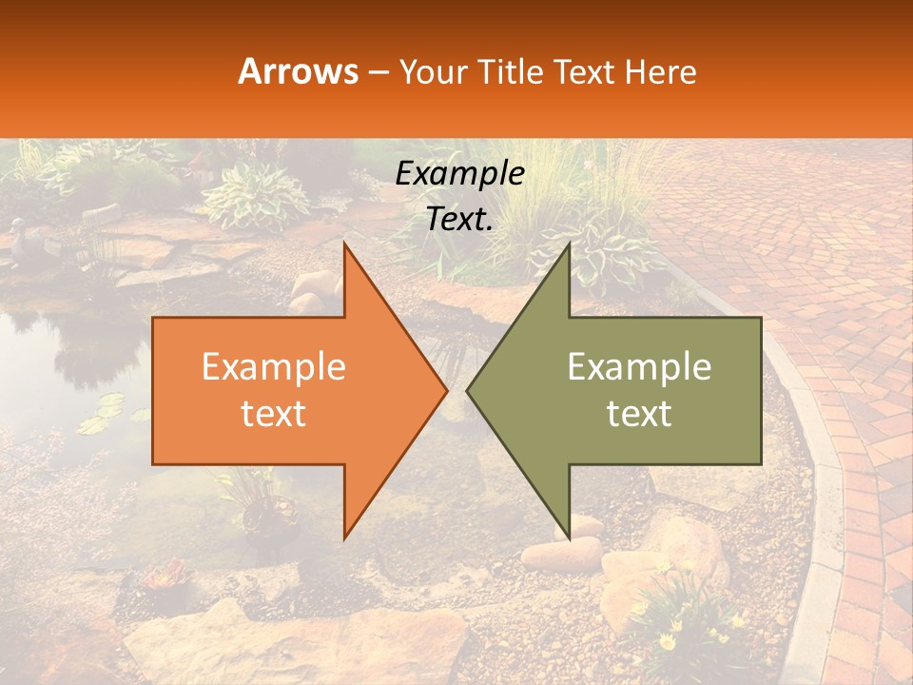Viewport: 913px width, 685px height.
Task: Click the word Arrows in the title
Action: coord(299,71)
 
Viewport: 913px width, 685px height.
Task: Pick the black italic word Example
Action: coord(459,174)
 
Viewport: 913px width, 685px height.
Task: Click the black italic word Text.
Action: coord(459,220)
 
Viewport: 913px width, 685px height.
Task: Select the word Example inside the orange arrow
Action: coord(274,367)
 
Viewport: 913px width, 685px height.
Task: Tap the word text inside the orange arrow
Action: coord(274,413)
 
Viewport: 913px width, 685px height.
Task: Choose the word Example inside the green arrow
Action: coord(639,367)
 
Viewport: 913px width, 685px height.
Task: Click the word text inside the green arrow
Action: coord(639,413)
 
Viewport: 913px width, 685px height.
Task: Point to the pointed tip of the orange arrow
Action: coord(446,390)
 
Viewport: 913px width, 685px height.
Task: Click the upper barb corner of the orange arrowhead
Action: coord(344,244)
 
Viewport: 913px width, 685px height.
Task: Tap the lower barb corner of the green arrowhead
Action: coord(569,538)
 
